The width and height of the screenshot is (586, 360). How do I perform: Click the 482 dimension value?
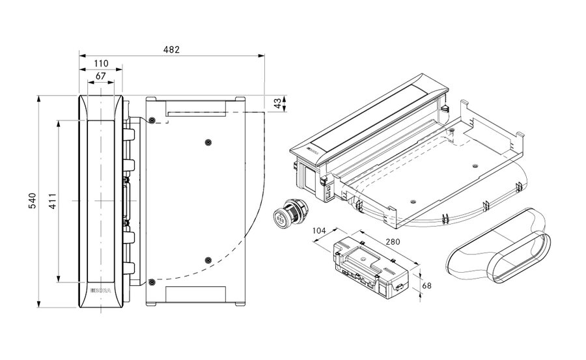[x=171, y=49]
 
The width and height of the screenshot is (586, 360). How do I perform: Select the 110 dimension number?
[x=100, y=64]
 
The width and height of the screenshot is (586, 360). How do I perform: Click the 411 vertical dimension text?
[x=53, y=201]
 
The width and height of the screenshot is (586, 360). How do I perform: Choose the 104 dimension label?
[x=318, y=231]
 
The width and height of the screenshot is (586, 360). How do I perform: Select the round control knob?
[x=286, y=212]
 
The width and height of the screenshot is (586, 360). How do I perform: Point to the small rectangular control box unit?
[x=368, y=268]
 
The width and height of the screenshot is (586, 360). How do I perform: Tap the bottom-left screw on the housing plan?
[x=151, y=282]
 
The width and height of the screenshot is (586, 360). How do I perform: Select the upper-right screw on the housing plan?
[x=207, y=142]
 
